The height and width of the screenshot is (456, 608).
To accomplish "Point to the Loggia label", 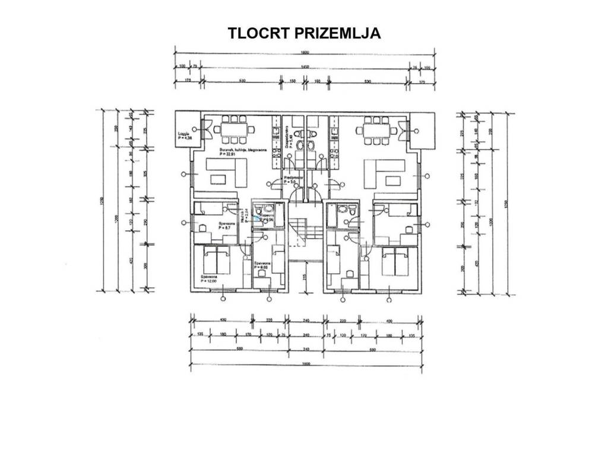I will (x=183, y=137).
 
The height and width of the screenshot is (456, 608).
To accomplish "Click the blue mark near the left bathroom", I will (x=256, y=219).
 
